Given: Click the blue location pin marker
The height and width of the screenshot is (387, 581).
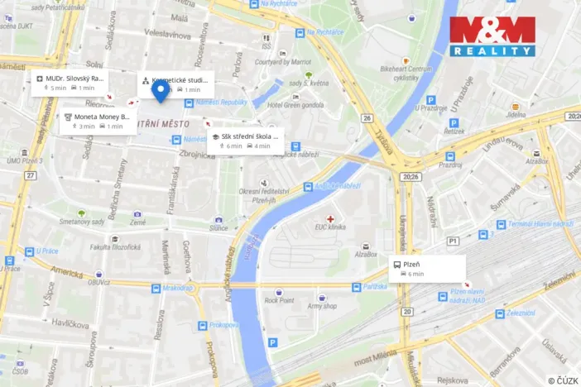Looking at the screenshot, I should (x=161, y=91).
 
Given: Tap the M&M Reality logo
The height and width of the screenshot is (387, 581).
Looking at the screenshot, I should (x=492, y=36).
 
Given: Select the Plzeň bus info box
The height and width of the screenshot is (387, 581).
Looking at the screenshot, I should (x=428, y=268).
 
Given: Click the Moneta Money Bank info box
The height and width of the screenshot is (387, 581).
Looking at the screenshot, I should (x=98, y=122).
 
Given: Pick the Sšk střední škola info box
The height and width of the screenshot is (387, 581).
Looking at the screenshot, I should (x=244, y=141).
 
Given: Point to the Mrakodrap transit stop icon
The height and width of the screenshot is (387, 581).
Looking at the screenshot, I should (x=156, y=289).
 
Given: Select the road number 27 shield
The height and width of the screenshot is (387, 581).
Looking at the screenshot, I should (x=30, y=175).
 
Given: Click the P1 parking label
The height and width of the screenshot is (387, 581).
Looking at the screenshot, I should (x=453, y=241).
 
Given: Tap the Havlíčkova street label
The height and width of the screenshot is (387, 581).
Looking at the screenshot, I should (x=66, y=322).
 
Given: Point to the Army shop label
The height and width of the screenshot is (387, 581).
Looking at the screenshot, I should (x=323, y=305).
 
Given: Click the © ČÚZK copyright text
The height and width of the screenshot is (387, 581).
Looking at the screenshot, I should (x=562, y=380).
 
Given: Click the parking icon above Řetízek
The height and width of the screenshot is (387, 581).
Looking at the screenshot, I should (x=454, y=123).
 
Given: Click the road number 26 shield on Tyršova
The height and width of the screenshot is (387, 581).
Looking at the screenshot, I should (x=367, y=118).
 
